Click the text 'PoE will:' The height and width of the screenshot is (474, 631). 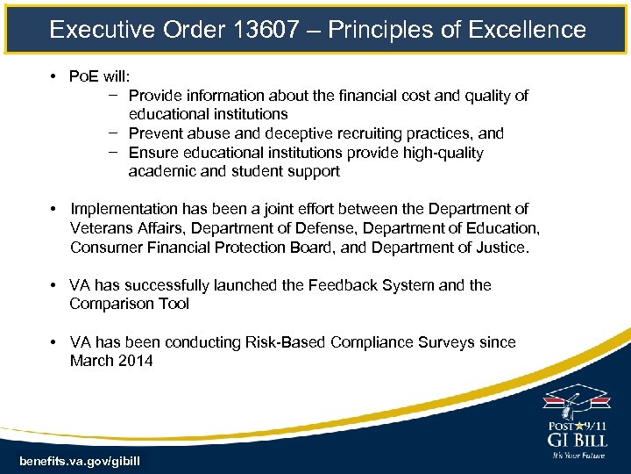(100, 76)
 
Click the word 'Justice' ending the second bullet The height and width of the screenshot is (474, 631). (500, 248)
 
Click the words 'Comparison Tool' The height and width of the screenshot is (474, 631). (129, 305)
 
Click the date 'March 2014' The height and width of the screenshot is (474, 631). (111, 361)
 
